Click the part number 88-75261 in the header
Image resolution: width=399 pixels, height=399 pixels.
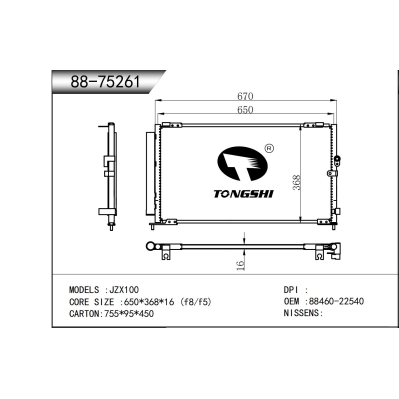pyautogui.click(x=105, y=82)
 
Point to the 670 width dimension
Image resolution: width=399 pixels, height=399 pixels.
pyautogui.click(x=245, y=96)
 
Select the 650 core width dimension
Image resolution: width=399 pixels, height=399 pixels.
pyautogui.click(x=245, y=109)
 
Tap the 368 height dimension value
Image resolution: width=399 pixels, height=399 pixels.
pyautogui.click(x=297, y=183)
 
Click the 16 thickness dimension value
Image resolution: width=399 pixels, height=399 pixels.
pyautogui.click(x=240, y=265)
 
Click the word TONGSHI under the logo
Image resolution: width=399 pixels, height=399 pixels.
pyautogui.click(x=243, y=193)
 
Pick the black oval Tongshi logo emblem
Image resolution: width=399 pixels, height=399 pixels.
pyautogui.click(x=242, y=164)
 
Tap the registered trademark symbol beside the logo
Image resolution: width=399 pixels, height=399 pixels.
pyautogui.click(x=269, y=148)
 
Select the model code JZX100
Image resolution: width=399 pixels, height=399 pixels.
pyautogui.click(x=122, y=290)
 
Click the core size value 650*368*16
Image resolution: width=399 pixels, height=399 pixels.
pyautogui.click(x=150, y=302)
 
